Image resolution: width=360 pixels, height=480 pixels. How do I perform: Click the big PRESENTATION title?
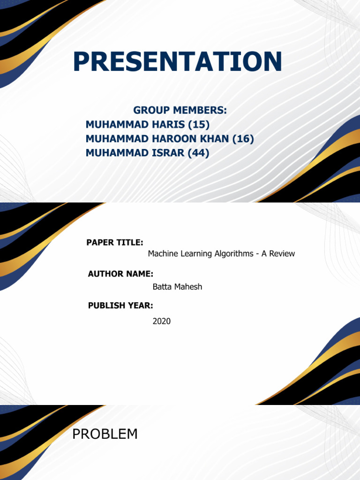pos(177,61)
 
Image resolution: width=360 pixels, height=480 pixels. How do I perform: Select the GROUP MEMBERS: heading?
pos(180,110)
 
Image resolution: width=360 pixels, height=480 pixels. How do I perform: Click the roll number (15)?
pos(199,125)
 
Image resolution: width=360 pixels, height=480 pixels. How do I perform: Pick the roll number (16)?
pos(243,139)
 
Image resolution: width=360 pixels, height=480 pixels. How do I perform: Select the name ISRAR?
pos(168,152)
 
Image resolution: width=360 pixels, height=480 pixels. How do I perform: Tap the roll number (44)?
pos(198,153)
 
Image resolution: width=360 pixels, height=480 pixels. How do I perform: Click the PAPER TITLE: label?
pos(115,242)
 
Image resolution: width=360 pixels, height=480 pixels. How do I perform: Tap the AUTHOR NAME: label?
pos(120,274)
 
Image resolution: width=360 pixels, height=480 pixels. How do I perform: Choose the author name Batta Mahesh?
pos(177,287)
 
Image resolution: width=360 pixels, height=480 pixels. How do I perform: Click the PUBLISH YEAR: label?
pos(120,306)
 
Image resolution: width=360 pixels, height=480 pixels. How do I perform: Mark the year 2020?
pos(162,322)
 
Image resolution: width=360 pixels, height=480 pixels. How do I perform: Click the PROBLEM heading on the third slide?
pos(105,434)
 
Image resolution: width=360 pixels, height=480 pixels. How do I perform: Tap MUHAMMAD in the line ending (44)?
pos(117,152)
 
